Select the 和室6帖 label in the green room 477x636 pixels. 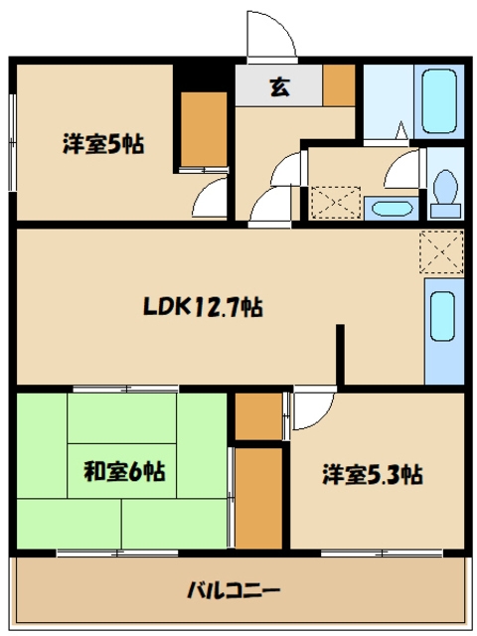click(x=123, y=471)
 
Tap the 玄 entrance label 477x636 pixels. click(x=278, y=86)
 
